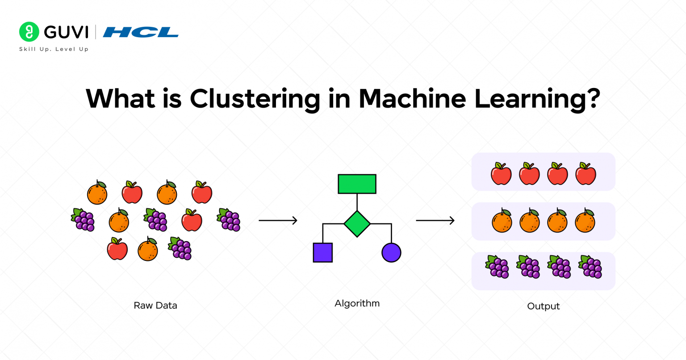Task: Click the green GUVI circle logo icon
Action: pyautogui.click(x=29, y=32)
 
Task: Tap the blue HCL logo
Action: pyautogui.click(x=141, y=32)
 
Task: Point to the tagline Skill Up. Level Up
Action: pyautogui.click(x=54, y=49)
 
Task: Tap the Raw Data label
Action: pyautogui.click(x=155, y=306)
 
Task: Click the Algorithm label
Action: pyautogui.click(x=357, y=303)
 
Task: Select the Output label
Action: pyautogui.click(x=543, y=306)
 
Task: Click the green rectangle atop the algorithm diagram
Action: pyautogui.click(x=357, y=184)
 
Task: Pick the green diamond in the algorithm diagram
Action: pyautogui.click(x=357, y=224)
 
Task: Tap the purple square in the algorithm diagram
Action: pyautogui.click(x=322, y=252)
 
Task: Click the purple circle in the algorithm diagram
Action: pyautogui.click(x=391, y=252)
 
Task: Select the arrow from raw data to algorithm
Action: pyautogui.click(x=278, y=220)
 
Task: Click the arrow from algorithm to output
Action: pyautogui.click(x=435, y=220)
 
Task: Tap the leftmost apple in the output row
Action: pyautogui.click(x=501, y=174)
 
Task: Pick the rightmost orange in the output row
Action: pyautogui.click(x=585, y=221)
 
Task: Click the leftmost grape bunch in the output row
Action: pyautogui.click(x=497, y=267)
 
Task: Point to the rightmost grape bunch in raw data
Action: pyautogui.click(x=229, y=220)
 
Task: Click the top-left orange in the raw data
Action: pyautogui.click(x=97, y=193)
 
